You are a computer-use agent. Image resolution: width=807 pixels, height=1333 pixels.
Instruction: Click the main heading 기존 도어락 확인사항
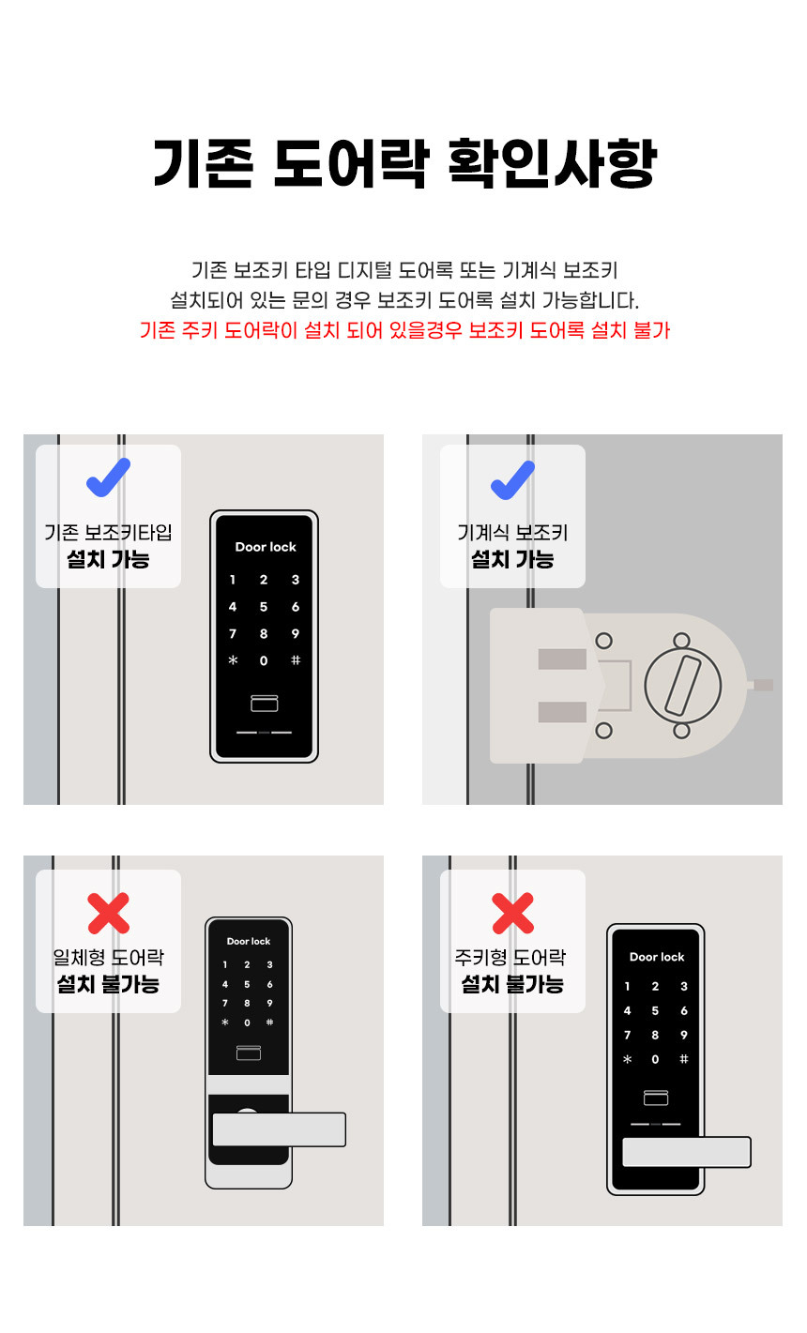(x=404, y=163)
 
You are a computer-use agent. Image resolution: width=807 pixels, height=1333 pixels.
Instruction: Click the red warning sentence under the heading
(x=404, y=329)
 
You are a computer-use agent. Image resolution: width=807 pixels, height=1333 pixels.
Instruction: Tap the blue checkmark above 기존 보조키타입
(x=108, y=477)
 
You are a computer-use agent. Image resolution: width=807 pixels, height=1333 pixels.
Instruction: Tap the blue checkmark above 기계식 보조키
(x=512, y=479)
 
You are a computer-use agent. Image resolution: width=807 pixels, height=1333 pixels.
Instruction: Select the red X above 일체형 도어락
(x=108, y=913)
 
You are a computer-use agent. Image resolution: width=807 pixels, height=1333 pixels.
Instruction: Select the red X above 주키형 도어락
(x=512, y=913)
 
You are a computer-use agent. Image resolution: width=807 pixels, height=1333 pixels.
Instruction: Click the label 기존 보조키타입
(x=108, y=532)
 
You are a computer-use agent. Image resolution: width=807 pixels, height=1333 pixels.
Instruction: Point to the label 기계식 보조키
(x=512, y=532)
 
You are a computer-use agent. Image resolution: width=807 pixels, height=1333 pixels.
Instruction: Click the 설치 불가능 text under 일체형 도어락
(x=108, y=984)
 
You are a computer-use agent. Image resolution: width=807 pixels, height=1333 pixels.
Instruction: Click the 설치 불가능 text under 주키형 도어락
(x=512, y=984)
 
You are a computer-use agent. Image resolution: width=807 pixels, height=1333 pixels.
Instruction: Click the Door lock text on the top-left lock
(x=266, y=547)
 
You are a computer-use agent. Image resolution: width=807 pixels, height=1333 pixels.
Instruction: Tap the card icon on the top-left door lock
(x=265, y=703)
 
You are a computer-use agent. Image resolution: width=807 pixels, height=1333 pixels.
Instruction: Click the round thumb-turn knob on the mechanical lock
(x=682, y=686)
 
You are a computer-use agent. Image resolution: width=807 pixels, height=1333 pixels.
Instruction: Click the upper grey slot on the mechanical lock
(x=562, y=659)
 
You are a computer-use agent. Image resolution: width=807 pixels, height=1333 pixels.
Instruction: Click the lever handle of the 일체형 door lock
(x=279, y=1129)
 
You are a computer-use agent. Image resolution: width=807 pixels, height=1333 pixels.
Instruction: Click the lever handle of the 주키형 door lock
(x=686, y=1152)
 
